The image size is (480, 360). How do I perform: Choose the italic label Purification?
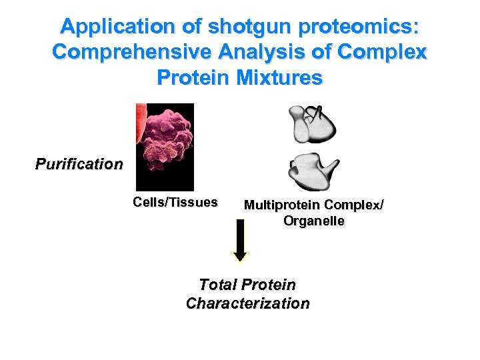79,164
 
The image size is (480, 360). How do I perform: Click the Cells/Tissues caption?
175,202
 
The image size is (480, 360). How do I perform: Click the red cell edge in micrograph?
140,123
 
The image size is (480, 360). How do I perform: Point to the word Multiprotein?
283,205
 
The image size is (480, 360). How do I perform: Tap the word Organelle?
314,221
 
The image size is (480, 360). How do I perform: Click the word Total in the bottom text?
218,285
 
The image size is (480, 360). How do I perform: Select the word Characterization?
247,303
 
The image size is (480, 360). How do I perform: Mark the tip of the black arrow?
240,259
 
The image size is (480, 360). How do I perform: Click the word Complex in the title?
386,52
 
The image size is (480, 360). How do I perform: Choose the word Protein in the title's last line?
194,77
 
